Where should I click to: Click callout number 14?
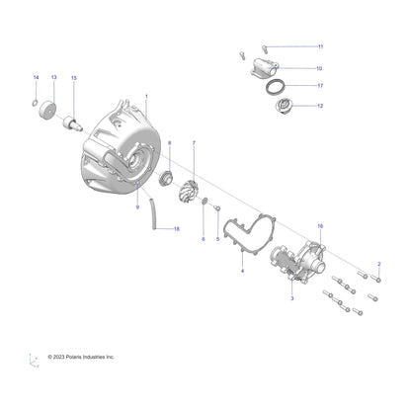click(x=37, y=77)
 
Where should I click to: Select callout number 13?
click(x=53, y=77)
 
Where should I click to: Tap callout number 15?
click(x=73, y=77)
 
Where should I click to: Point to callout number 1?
click(x=146, y=96)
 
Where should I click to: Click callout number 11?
click(x=319, y=46)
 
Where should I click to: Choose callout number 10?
click(x=319, y=69)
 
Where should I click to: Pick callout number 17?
click(x=320, y=86)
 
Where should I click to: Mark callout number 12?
click(x=319, y=105)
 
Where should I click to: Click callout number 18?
click(x=177, y=229)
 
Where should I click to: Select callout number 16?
click(x=319, y=226)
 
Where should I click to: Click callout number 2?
click(x=378, y=264)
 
